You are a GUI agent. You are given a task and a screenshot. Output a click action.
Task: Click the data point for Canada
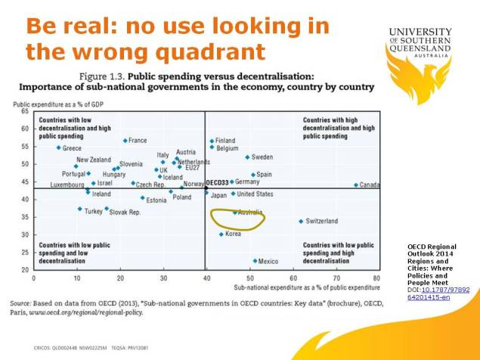coord(356,185)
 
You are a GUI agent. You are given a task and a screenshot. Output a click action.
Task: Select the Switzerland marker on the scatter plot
coord(301,222)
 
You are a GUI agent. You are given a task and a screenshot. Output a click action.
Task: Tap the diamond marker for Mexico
coord(255,261)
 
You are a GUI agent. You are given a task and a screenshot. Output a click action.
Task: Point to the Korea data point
coord(221,234)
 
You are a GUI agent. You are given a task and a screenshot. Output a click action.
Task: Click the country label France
coord(138,141)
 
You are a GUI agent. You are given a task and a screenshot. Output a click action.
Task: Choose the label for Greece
coord(73,148)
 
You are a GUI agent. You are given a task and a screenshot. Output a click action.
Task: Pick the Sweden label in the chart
coord(262,157)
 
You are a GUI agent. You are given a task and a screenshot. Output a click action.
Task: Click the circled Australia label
coord(250,213)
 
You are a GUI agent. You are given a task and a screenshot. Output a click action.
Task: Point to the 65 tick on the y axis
coord(24,112)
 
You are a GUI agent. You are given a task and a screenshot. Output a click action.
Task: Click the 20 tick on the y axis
coord(24,269)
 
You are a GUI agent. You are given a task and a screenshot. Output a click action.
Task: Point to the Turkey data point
coord(79,209)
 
